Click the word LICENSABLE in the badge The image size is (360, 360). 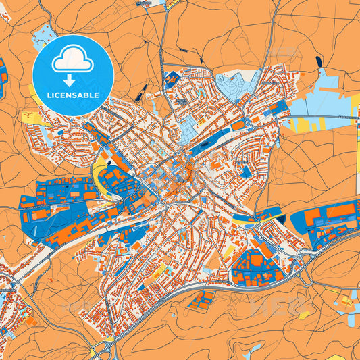point(73,96)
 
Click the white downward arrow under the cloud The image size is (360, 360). point(73,80)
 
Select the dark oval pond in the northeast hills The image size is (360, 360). point(318,62)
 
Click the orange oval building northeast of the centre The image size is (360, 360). point(238,125)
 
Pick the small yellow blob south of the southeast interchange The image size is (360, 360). point(305,314)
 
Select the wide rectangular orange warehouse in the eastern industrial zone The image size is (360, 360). point(340,211)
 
